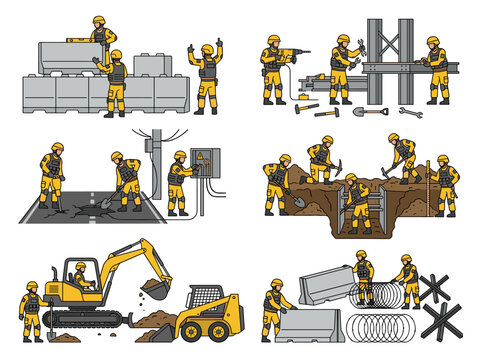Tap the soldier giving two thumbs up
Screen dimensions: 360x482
click(207, 75)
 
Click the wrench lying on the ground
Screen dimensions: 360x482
click(410, 111)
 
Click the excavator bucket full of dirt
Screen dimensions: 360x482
click(156, 290)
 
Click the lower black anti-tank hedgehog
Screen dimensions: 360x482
click(442, 322)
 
